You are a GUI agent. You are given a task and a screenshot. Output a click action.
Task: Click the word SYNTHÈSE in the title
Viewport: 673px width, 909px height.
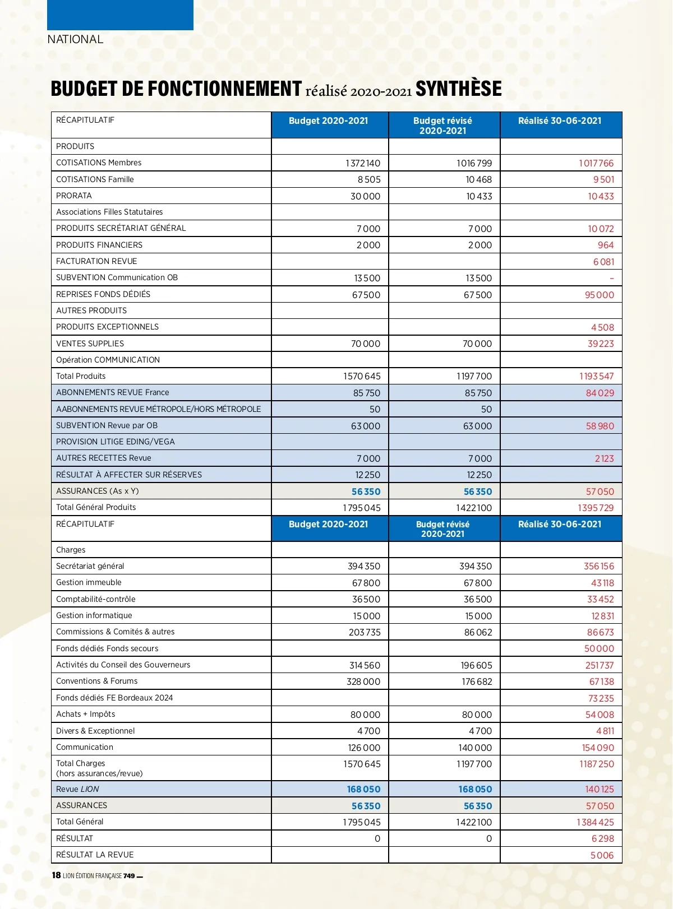click(x=458, y=89)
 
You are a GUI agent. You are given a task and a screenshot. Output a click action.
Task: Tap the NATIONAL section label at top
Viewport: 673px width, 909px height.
click(x=75, y=39)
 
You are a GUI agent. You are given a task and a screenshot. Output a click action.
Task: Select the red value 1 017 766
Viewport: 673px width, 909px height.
click(x=596, y=163)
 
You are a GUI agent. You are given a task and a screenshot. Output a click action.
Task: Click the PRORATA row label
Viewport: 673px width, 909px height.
click(x=74, y=196)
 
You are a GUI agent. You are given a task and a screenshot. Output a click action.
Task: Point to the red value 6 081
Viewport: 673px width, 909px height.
click(x=603, y=262)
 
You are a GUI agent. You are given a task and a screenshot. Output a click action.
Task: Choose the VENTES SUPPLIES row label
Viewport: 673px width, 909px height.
click(x=90, y=344)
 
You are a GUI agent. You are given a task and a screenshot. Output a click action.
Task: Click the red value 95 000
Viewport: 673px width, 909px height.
click(x=599, y=295)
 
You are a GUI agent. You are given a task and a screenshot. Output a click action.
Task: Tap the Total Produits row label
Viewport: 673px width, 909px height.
click(x=81, y=376)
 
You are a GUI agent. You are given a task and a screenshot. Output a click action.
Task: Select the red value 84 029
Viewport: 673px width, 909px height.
click(x=600, y=393)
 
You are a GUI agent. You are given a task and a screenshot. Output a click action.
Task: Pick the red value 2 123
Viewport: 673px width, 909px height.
click(x=604, y=458)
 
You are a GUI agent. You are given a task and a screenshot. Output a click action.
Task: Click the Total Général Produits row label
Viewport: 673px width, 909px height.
click(x=96, y=507)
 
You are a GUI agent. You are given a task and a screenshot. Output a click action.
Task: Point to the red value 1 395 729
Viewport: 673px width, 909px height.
click(x=596, y=508)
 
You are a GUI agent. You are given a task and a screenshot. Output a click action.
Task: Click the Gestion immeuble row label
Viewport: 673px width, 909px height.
click(x=89, y=582)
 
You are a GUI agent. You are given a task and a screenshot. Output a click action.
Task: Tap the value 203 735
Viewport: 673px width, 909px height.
click(x=365, y=632)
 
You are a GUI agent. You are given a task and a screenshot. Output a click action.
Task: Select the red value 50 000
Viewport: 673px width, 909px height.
click(x=599, y=648)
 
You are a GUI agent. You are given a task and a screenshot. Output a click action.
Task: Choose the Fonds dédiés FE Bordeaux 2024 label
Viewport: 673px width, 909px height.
click(x=114, y=698)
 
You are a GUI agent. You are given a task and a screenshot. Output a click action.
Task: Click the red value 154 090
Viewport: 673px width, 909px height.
click(x=598, y=748)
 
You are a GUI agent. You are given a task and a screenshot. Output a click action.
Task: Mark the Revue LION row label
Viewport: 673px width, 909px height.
click(x=77, y=789)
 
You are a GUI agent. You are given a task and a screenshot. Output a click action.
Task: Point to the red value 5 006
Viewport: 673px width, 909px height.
click(x=602, y=855)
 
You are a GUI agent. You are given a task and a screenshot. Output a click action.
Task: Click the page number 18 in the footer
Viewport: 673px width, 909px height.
click(x=56, y=875)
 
